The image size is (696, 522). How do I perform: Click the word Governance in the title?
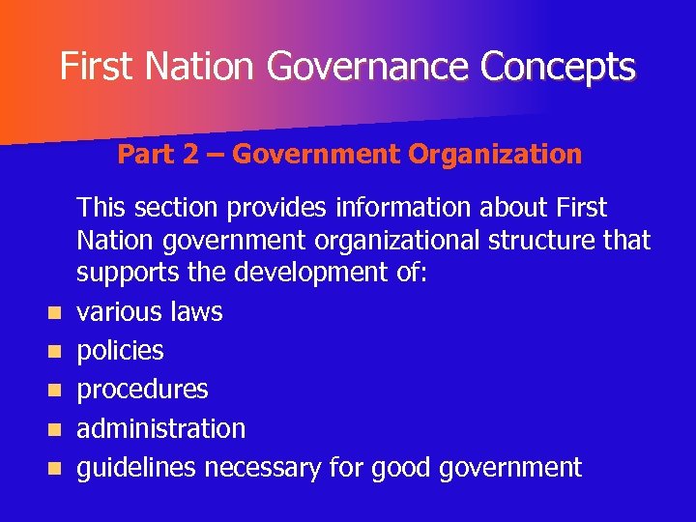coord(370,67)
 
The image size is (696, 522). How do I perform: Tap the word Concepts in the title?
coord(560,67)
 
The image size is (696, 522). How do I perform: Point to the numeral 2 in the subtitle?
coord(191,154)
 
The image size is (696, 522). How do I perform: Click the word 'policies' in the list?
coord(120,351)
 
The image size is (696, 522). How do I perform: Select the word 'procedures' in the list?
coord(142,390)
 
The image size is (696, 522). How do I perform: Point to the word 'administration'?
coord(160,428)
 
